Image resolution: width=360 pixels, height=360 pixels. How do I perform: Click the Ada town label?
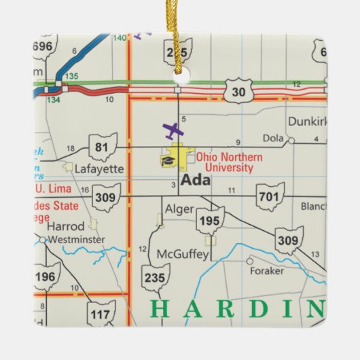coord(196,181)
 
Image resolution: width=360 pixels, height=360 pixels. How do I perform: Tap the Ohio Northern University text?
coord(225,162)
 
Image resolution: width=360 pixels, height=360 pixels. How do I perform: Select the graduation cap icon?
coord(167,161)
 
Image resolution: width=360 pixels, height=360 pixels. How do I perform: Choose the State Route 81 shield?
coord(103,146)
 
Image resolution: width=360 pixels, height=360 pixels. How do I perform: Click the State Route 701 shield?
coord(270,197)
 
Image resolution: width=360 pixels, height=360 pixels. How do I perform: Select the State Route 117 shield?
coord(101,313)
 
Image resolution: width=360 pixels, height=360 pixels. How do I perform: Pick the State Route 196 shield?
coord(46,276)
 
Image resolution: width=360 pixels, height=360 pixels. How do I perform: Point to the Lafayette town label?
coord(98,168)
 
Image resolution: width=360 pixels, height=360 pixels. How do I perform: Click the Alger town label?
coord(179,210)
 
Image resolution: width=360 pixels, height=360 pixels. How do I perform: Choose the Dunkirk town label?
coord(307,122)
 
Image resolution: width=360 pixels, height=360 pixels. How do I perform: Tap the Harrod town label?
coord(66,226)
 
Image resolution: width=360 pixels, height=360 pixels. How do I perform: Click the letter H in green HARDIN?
coord(158,309)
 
